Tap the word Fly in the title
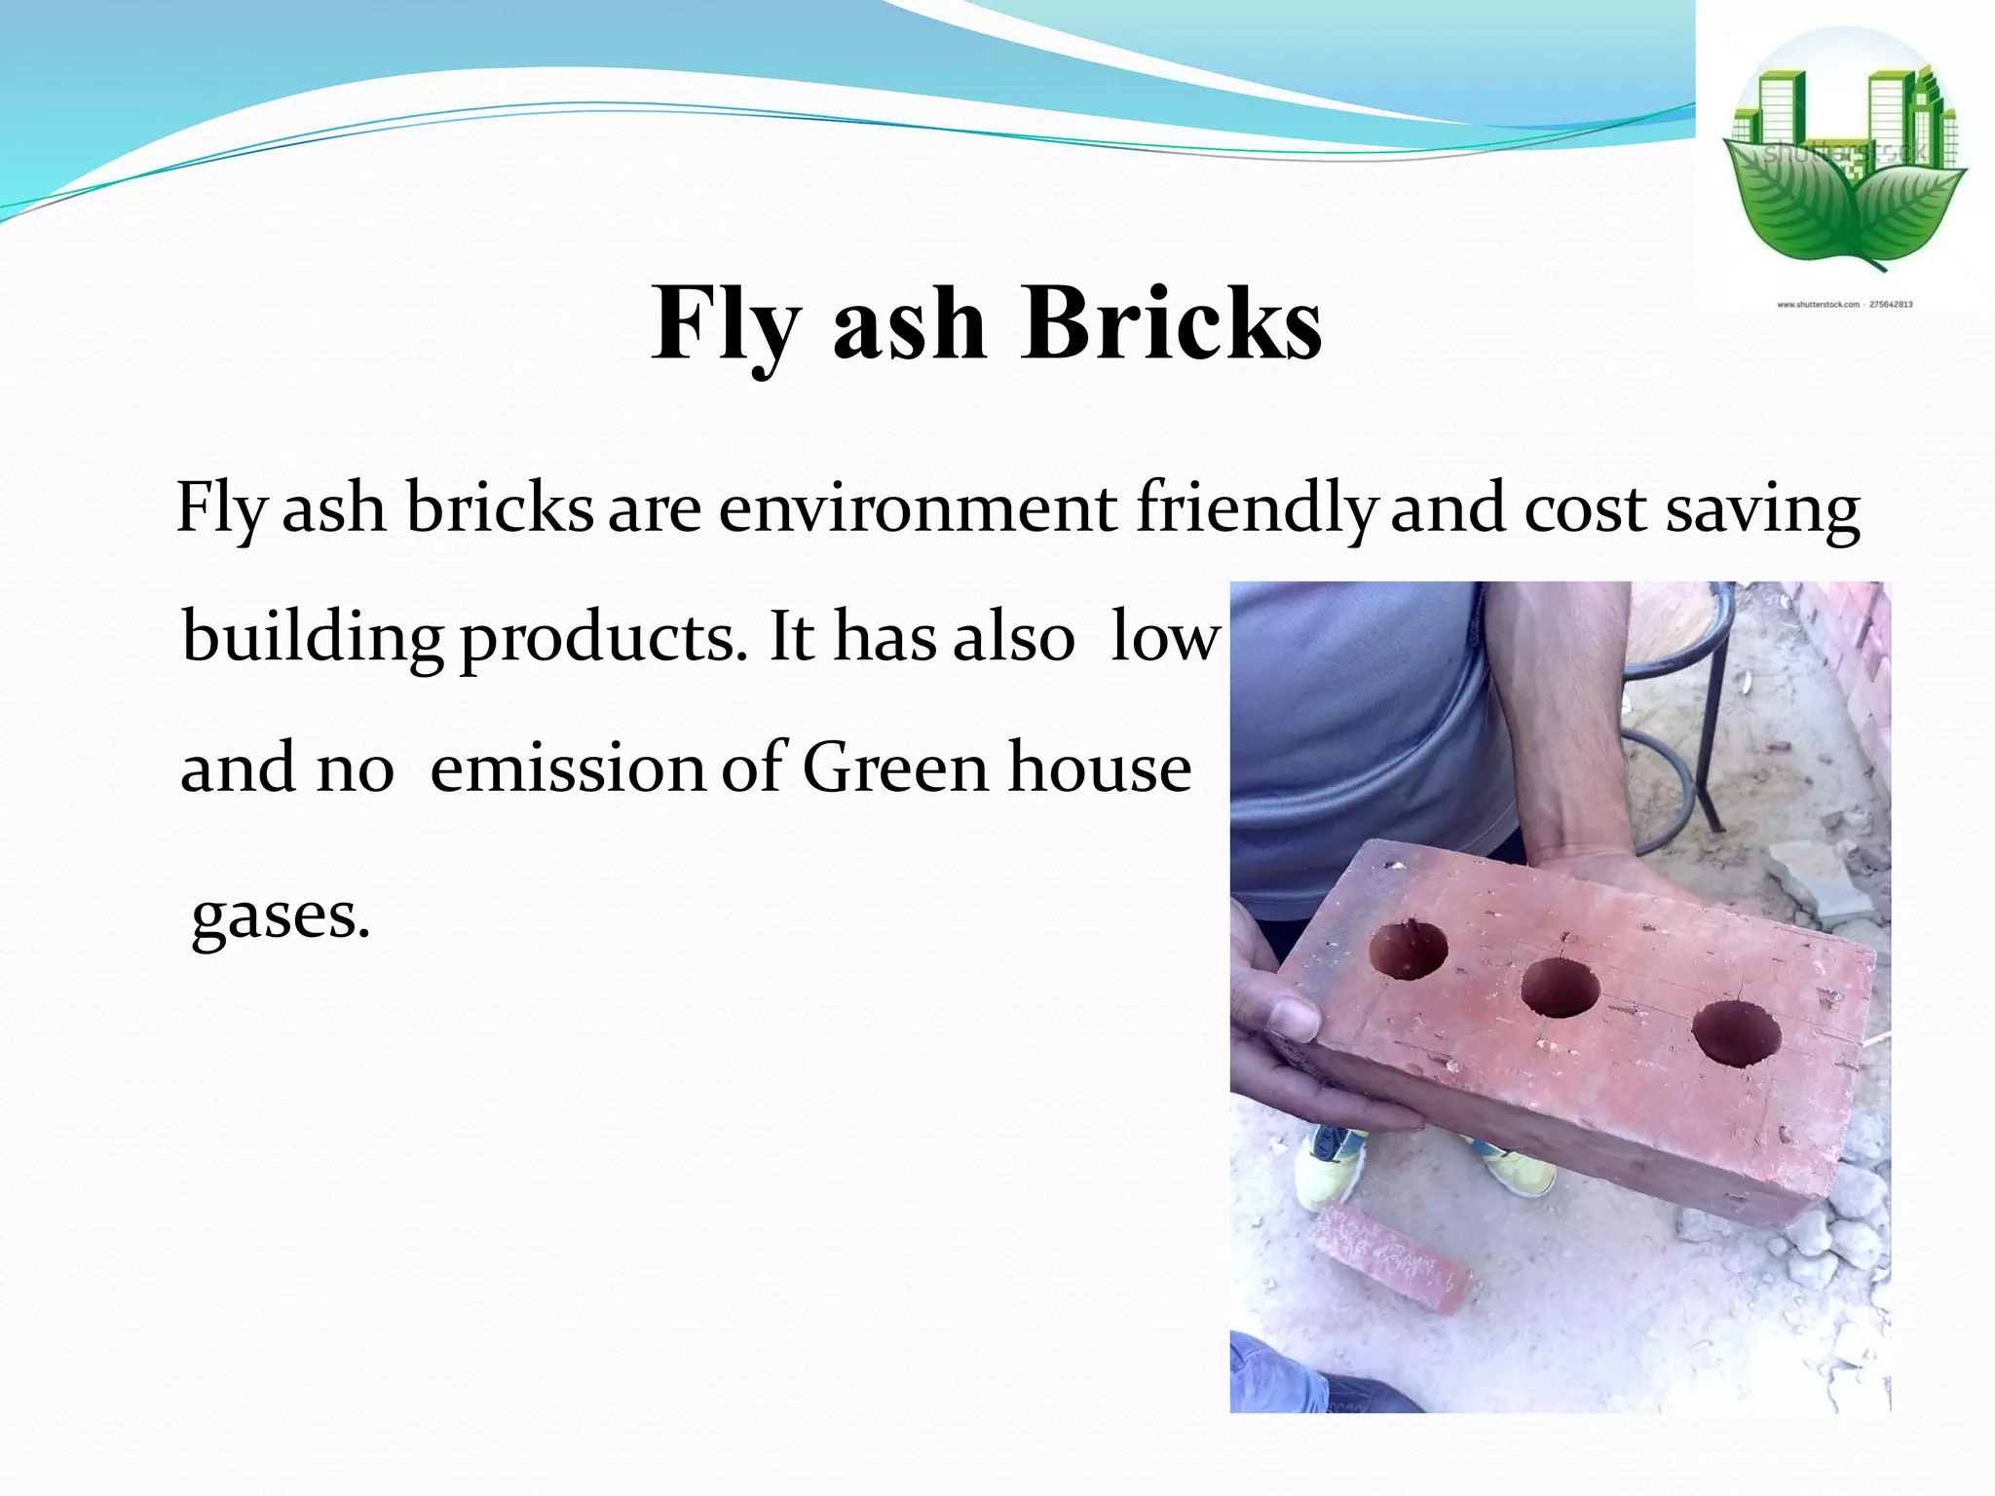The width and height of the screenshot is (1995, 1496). (x=727, y=324)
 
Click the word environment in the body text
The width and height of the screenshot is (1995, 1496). (x=918, y=507)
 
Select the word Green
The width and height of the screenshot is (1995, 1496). (x=895, y=767)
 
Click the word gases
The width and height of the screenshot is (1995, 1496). (x=281, y=917)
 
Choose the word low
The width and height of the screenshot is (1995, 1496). (x=1165, y=638)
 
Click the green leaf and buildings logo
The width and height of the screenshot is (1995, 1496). (x=1844, y=156)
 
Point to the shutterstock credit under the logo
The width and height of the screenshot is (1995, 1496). (x=1844, y=305)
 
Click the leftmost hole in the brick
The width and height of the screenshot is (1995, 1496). (x=1408, y=948)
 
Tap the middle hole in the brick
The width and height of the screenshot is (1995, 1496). (x=1561, y=987)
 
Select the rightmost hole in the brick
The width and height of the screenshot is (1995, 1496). (x=1736, y=1033)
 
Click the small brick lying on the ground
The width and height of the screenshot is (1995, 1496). (x=1388, y=1256)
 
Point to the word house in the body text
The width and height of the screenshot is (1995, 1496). (x=1099, y=767)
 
